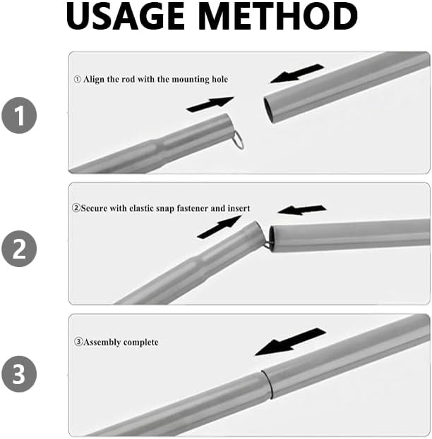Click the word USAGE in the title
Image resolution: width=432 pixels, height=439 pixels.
(x=126, y=16)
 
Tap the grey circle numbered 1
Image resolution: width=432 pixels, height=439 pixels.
(x=19, y=116)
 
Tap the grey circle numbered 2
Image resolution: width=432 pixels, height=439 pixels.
(x=19, y=249)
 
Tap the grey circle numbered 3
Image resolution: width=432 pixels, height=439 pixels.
(x=19, y=373)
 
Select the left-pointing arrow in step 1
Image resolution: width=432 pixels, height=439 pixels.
(x=296, y=73)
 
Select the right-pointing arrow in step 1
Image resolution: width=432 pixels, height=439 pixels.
(x=210, y=104)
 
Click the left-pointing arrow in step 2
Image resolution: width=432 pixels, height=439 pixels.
(x=302, y=210)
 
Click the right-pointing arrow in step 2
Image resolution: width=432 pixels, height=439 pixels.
(x=220, y=227)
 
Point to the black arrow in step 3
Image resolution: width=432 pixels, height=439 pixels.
(x=290, y=342)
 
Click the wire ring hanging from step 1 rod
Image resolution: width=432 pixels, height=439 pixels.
(x=238, y=140)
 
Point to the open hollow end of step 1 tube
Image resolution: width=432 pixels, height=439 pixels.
(x=268, y=110)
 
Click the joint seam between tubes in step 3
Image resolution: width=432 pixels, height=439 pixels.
(x=267, y=385)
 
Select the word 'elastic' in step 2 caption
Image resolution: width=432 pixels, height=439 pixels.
(x=142, y=209)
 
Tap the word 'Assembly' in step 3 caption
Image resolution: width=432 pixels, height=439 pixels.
(x=102, y=342)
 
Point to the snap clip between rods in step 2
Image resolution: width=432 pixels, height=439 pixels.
(x=267, y=244)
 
